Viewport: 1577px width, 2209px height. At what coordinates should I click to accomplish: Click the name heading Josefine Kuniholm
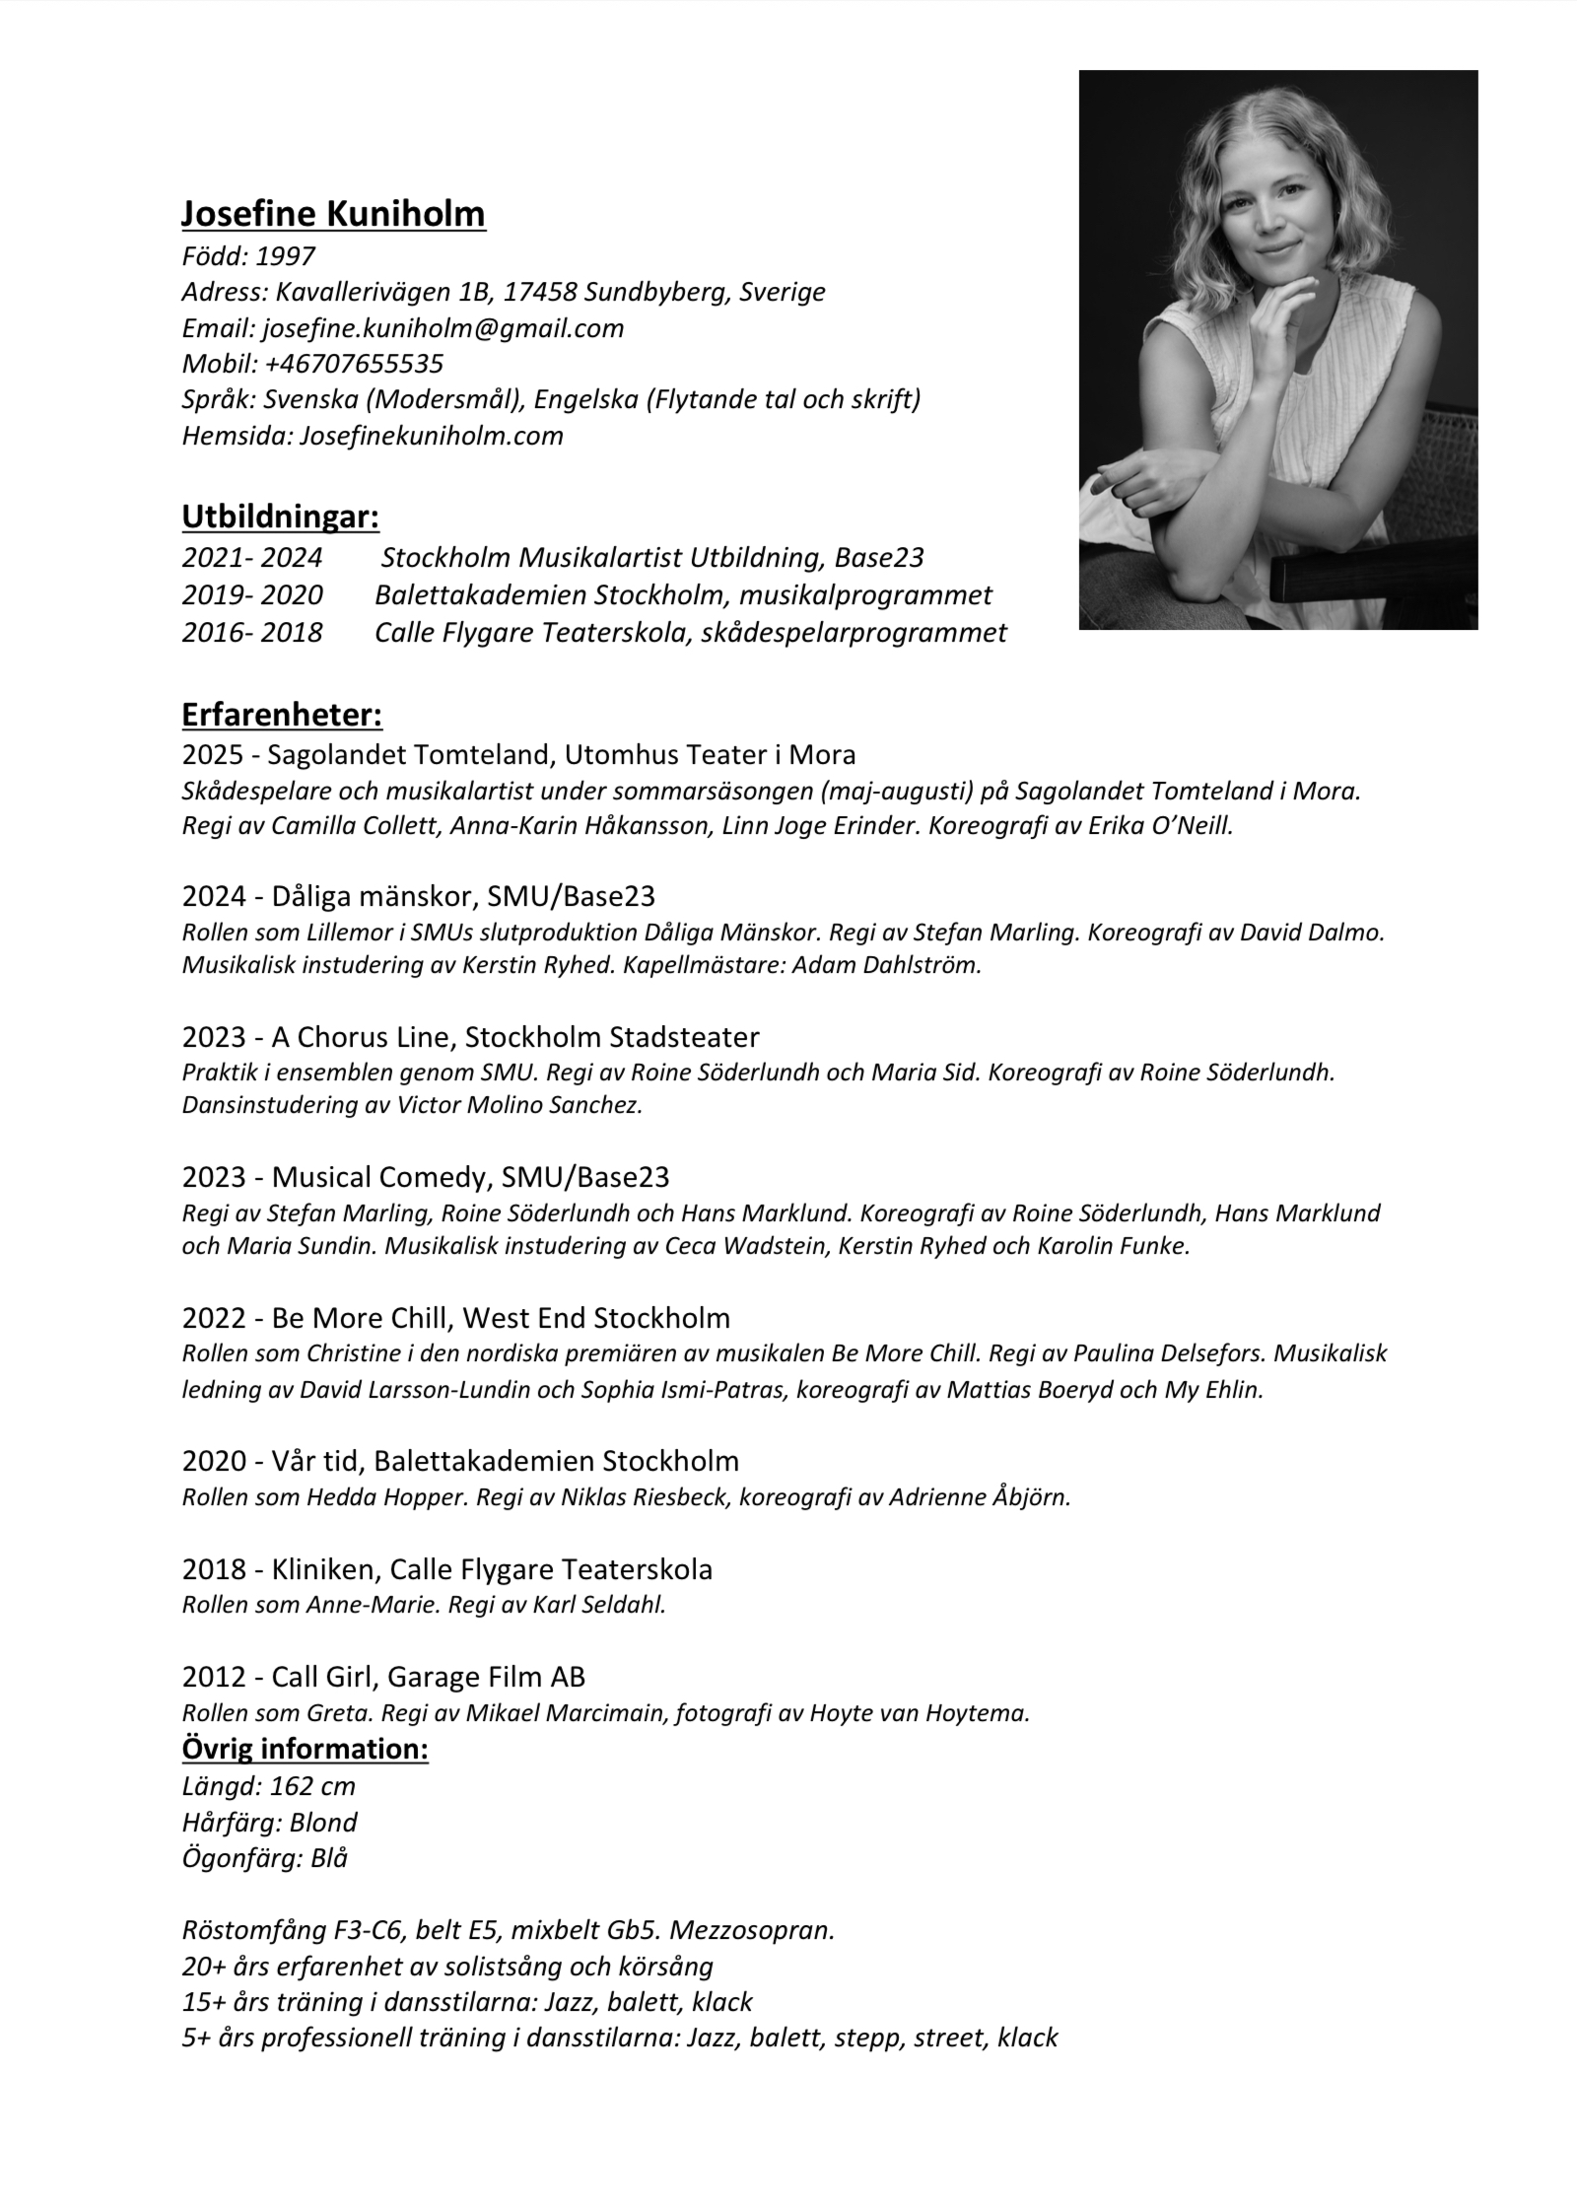333,214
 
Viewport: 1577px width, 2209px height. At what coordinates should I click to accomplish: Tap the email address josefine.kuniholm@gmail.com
443,328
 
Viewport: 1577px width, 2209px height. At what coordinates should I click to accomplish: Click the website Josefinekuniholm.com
431,436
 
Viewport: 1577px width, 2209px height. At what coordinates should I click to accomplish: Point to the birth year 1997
285,257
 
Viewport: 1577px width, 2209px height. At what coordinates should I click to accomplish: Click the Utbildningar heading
280,517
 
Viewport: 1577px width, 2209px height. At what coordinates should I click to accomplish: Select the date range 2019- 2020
251,595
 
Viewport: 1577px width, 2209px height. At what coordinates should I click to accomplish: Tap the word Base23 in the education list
878,559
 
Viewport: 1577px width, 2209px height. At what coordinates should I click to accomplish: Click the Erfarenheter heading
282,715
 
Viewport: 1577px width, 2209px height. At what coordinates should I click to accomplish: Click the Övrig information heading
305,1750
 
